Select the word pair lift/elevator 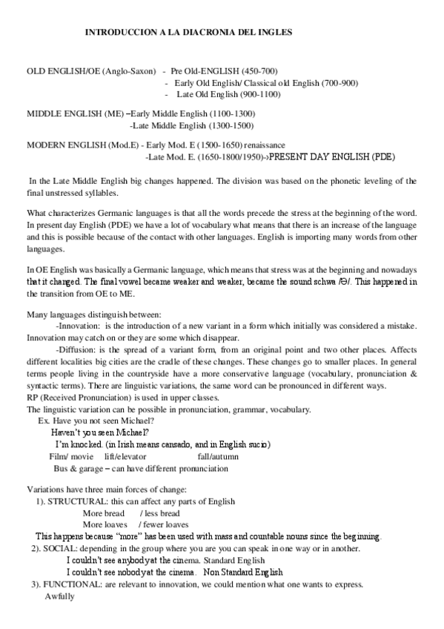tap(125, 457)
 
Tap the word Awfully tap(60, 596)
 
